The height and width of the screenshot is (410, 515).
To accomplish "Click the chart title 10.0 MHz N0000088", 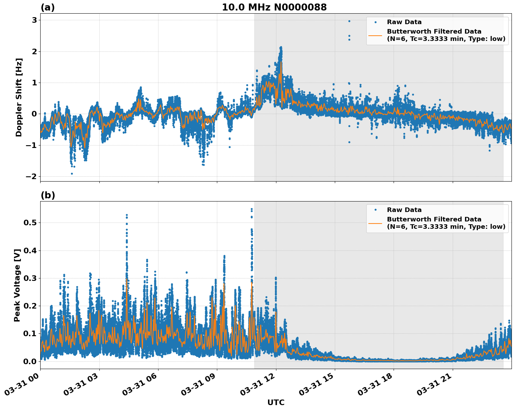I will point(274,7).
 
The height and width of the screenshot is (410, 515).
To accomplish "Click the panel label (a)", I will point(48,7).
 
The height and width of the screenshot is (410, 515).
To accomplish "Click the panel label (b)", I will point(48,195).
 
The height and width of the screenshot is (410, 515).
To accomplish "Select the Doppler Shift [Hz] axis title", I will point(19,97).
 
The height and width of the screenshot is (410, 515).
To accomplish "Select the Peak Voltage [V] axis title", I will point(17,285).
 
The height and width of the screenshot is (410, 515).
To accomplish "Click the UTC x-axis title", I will point(276,402).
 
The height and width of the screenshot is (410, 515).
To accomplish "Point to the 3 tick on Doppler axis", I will point(34,20).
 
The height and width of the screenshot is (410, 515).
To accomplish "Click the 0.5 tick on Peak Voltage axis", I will point(30,223).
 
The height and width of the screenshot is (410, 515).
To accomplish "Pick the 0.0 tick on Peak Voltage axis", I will point(30,361).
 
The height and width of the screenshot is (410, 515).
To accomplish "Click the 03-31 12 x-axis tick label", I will point(259,387).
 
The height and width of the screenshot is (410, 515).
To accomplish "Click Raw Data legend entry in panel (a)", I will point(404,22).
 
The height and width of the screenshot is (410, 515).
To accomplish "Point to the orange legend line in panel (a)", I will point(375,35).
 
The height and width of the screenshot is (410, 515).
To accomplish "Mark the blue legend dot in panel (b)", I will point(375,210).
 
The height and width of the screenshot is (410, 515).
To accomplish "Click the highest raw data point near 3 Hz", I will point(349,21).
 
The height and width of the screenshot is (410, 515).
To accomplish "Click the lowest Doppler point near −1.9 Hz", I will point(72,174).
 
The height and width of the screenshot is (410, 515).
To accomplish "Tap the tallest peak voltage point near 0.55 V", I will point(251,209).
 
